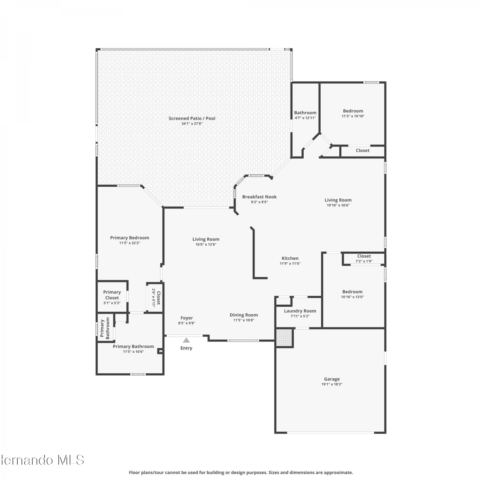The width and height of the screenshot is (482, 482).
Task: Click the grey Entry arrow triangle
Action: (x=186, y=340)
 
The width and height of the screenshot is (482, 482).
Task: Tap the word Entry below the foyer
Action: (x=186, y=348)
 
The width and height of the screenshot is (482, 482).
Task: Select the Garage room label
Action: (x=332, y=379)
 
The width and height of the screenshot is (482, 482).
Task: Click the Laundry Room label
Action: (x=300, y=311)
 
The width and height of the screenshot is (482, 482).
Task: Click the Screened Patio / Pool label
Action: (x=192, y=119)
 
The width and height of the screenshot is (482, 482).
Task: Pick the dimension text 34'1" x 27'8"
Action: (x=192, y=124)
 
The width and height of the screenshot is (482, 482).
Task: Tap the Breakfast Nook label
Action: (x=259, y=197)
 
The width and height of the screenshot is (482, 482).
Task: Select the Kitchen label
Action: (x=290, y=258)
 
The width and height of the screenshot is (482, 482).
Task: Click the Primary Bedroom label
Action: (x=130, y=238)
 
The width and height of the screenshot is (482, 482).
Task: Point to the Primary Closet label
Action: (x=112, y=295)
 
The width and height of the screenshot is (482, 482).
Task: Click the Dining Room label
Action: (x=244, y=315)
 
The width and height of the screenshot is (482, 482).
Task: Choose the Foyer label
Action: (x=187, y=318)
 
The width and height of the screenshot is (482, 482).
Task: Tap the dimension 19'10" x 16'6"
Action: (x=338, y=205)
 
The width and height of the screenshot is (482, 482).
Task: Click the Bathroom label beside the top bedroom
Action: (x=305, y=113)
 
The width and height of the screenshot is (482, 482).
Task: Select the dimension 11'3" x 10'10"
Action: (x=353, y=116)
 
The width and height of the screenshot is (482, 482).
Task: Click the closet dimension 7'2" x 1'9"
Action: (x=364, y=261)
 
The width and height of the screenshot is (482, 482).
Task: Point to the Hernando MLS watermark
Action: (x=42, y=460)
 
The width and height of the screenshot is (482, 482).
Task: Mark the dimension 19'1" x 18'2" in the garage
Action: (x=332, y=384)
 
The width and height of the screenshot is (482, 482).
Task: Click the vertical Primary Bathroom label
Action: (x=105, y=328)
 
